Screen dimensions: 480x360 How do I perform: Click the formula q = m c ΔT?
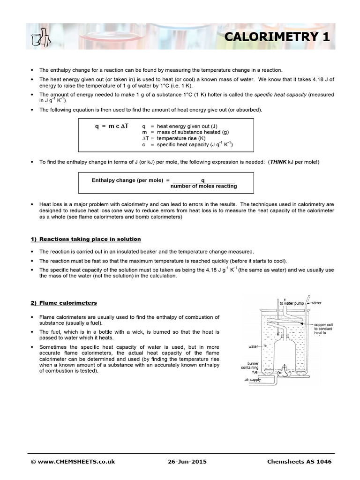click(112, 127)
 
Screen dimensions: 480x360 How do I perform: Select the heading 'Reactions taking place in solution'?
click(86, 239)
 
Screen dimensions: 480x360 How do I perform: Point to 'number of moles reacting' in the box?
click(203, 186)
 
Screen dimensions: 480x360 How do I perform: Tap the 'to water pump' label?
click(292, 304)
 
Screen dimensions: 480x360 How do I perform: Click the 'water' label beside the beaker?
click(254, 347)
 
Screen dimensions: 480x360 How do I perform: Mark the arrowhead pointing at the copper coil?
click(303, 324)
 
